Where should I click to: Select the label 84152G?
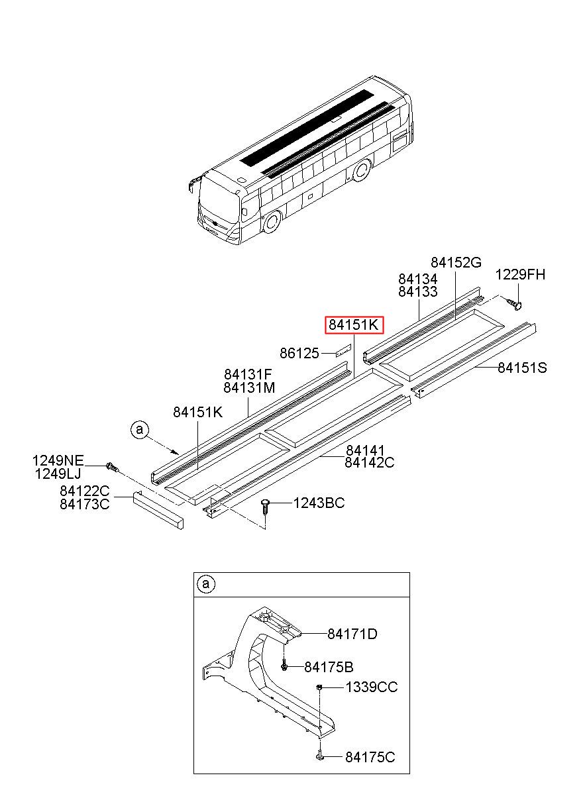456,263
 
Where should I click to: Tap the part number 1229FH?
521,274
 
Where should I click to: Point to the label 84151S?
522,368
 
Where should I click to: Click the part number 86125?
299,354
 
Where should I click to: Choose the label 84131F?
248,375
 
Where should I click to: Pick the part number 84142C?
369,463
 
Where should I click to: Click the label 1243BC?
320,504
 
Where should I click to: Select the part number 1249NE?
59,460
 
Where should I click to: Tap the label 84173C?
84,504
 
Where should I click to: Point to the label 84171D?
352,634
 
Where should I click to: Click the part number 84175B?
329,667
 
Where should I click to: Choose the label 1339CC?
371,688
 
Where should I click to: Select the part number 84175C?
370,757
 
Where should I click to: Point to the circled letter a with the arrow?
139,430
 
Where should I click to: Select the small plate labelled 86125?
341,351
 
